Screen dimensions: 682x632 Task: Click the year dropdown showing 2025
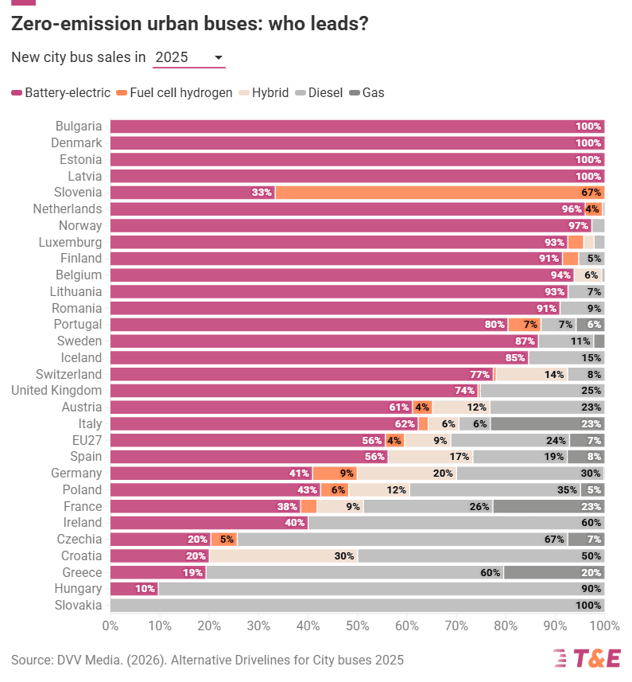point(188,57)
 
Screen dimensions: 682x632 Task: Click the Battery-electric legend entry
point(61,92)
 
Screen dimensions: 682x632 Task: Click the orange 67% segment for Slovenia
point(440,193)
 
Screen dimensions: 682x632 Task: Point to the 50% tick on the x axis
point(357,625)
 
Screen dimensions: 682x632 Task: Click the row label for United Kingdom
point(56,391)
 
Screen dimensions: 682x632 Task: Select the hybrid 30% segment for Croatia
point(282,556)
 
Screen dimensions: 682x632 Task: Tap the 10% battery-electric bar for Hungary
point(134,589)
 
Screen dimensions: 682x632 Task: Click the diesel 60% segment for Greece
point(355,573)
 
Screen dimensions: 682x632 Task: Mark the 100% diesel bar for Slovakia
point(357,606)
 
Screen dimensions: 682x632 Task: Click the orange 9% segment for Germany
point(335,474)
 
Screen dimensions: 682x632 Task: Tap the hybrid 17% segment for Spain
point(430,457)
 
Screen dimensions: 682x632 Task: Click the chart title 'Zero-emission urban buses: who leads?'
point(189,24)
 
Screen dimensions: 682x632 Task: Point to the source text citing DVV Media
point(207,660)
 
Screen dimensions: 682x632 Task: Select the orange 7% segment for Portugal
point(524,325)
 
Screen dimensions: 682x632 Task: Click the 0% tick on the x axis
point(111,625)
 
